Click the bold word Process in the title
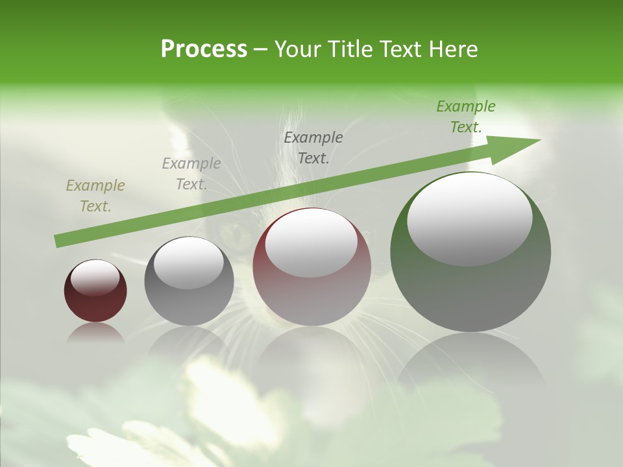click(204, 49)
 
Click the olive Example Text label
click(95, 196)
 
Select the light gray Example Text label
click(191, 174)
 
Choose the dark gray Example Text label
click(313, 147)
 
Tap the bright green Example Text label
click(465, 117)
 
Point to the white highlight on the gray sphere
click(188, 263)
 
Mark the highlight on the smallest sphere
click(95, 278)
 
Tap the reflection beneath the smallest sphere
click(95, 333)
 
